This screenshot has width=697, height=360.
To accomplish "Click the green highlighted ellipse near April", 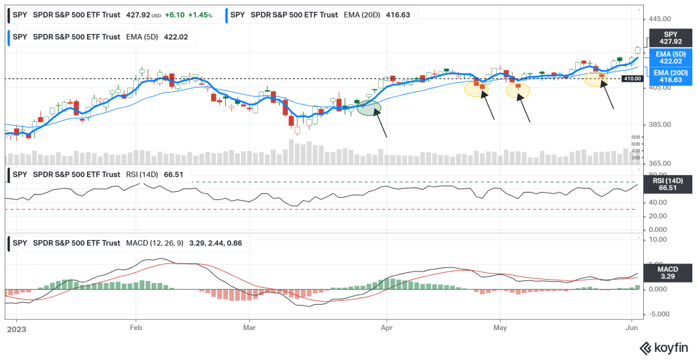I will coord(368,108).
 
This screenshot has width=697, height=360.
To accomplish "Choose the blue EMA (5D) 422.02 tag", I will coord(670,57).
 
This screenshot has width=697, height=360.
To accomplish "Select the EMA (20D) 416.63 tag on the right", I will coord(670,76).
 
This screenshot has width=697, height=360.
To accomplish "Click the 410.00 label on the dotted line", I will coord(633,79).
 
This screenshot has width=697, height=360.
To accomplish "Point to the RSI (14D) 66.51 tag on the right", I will coord(670,184).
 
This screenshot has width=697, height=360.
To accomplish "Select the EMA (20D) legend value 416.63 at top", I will coord(405,14).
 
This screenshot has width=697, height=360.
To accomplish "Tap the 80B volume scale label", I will coord(636,137).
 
